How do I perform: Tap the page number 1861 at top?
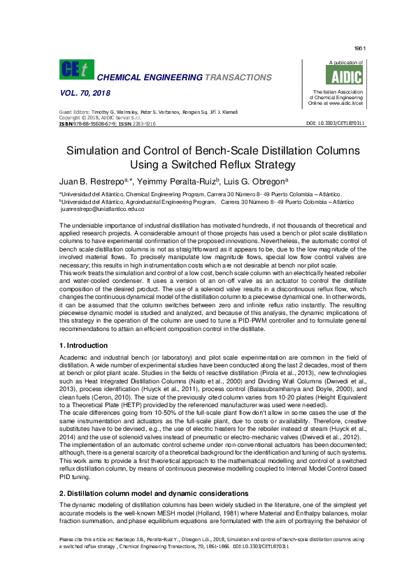pos(361,48)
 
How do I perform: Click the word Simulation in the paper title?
pos(97,151)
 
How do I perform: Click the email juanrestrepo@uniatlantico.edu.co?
pos(103,209)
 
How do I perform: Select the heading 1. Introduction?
pos(84,346)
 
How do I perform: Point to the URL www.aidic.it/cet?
pos(347,103)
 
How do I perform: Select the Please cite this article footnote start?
pos(85,540)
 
